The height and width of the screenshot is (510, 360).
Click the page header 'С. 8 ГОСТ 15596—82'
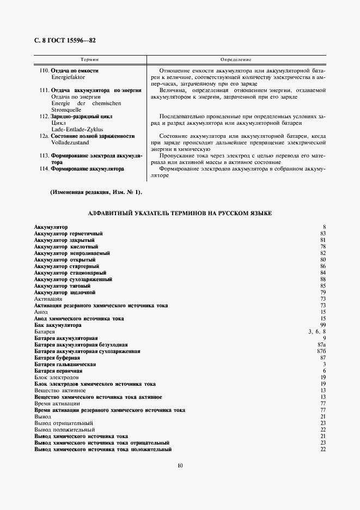coord(65,41)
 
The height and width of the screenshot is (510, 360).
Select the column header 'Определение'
coord(235,59)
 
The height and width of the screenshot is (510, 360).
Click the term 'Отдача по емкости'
coord(75,71)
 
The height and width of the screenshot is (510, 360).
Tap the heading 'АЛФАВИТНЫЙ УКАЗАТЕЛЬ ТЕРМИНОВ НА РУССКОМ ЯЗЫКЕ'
coord(180,212)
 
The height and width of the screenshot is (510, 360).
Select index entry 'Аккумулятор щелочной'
coord(64,292)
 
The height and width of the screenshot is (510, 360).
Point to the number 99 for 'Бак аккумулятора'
coord(322,325)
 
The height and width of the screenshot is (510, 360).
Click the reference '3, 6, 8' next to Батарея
coord(316,331)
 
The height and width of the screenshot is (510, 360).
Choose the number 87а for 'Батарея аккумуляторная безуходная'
coord(322,344)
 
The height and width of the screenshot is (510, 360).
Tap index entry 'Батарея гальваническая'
coord(65,364)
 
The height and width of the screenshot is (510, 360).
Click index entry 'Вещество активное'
coord(59,390)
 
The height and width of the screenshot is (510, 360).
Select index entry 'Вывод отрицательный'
coord(64,423)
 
